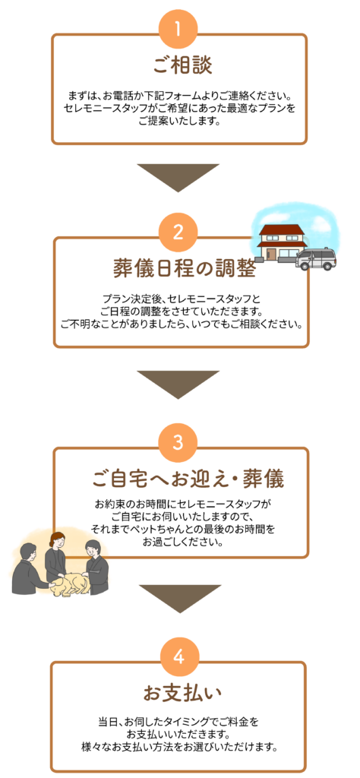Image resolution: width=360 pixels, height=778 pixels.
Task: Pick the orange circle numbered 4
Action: (179, 657)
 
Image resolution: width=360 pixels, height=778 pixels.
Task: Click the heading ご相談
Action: (182, 65)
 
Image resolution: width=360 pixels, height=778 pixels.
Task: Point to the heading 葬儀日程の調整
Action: (184, 270)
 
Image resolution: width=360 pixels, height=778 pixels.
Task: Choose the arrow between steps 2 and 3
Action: (178, 384)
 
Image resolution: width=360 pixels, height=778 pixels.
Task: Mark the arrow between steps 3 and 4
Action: (179, 599)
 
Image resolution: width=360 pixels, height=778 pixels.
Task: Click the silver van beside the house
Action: (316, 259)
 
